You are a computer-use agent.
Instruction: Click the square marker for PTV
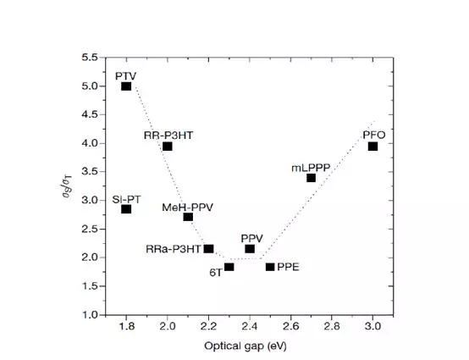pos(126,86)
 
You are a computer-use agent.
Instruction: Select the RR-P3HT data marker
pos(168,147)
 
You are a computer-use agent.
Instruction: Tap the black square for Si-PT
pos(126,209)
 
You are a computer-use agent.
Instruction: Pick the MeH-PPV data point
pos(188,217)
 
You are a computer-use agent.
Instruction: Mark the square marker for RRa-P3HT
pos(208,248)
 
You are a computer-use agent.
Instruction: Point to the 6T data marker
pos(229,267)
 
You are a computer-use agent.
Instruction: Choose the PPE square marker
pos(270,267)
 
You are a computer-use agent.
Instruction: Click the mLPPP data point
pos(312,178)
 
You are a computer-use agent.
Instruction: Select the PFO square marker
pos(372,147)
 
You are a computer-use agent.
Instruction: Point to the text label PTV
pos(126,76)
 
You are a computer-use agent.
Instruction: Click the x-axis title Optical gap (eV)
pos(250,345)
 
